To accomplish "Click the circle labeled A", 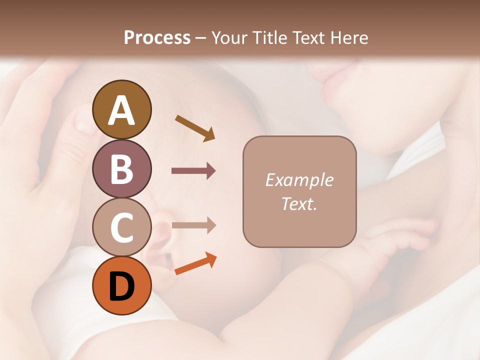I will coord(122,109).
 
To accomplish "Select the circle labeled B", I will coord(122,168).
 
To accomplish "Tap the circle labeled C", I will coord(122,227).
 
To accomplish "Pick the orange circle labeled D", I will coord(122,285).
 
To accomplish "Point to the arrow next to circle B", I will coord(193,171).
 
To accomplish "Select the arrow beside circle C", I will coord(193,225).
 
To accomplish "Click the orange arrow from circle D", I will coord(195,264).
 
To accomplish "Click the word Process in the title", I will coord(157,37).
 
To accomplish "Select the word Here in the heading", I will coord(349,37).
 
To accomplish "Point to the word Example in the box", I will coord(299,180).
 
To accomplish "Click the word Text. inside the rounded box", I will coord(299,203).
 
